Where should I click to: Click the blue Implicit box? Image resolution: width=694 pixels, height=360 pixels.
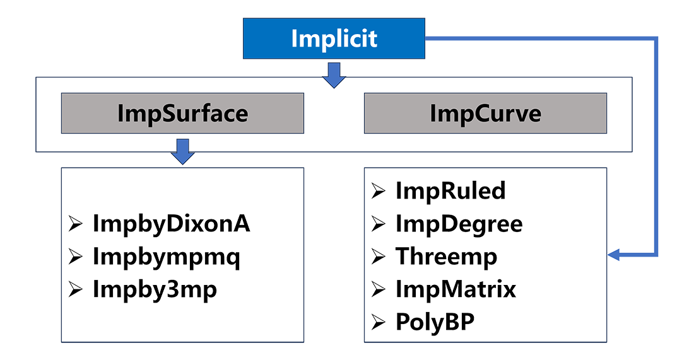click(334, 38)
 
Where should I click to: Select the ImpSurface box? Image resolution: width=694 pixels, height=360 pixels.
click(182, 113)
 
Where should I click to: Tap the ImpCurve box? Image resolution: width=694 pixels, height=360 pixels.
click(485, 113)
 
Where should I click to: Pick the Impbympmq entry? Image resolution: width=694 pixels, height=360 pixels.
click(167, 258)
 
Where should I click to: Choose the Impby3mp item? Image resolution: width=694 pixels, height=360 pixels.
click(156, 291)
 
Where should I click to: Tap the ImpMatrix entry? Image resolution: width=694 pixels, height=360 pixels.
click(454, 291)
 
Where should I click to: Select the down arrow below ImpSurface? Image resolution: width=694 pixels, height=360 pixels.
click(182, 152)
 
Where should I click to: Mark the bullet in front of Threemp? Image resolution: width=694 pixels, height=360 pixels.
click(378, 257)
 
